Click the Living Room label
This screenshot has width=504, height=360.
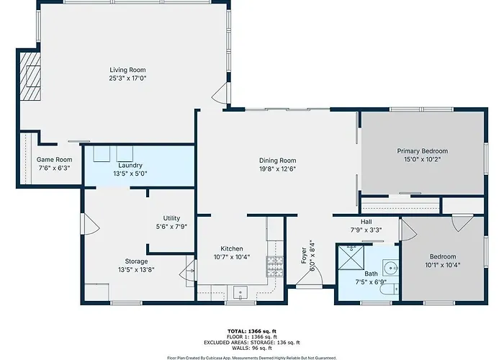(x=127, y=70)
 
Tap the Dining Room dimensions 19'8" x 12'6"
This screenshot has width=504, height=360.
(x=277, y=168)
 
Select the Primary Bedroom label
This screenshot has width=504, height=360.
(x=423, y=151)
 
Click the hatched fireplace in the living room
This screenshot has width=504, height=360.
(x=30, y=76)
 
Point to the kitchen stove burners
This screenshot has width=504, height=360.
(x=275, y=266)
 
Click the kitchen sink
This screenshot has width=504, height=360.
(x=240, y=292)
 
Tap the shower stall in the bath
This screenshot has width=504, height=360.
(x=351, y=257)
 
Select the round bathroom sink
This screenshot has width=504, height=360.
(x=391, y=267)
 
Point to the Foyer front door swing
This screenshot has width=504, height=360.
(x=309, y=275)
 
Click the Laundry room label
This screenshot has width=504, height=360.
(x=130, y=165)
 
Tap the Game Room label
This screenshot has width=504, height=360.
(x=54, y=159)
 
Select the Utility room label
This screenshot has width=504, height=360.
(x=171, y=218)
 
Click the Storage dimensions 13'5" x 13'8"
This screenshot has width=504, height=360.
(x=136, y=270)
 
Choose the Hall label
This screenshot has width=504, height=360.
(x=366, y=222)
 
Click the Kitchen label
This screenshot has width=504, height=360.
(x=232, y=249)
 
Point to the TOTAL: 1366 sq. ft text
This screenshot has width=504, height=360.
(x=252, y=331)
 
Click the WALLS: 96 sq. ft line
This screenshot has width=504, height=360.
(x=252, y=348)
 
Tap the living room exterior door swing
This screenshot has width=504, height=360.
(x=220, y=93)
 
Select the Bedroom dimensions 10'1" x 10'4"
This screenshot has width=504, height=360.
(x=443, y=265)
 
